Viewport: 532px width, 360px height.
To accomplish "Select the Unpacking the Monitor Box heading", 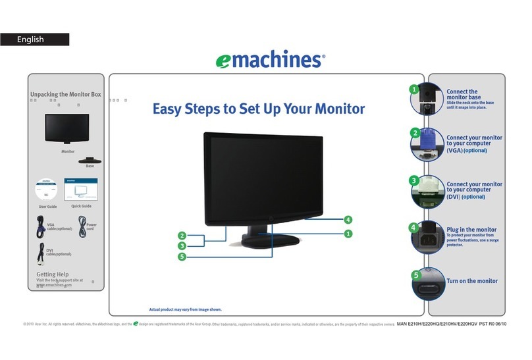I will coord(66,95).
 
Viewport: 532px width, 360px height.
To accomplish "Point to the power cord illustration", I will coord(83,227).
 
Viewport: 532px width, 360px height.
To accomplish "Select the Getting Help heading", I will coord(53,274).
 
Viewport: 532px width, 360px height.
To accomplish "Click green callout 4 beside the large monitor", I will coord(348,220).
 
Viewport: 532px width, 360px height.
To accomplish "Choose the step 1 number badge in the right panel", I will coord(413,90).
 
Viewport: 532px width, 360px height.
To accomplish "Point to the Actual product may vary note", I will coord(185,309).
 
